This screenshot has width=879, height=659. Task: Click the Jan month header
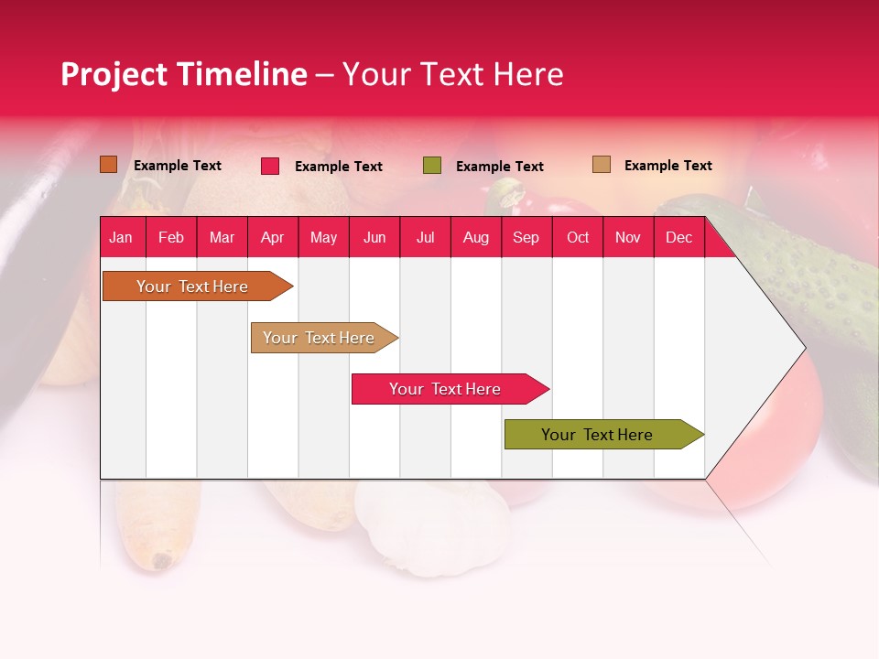pyautogui.click(x=121, y=237)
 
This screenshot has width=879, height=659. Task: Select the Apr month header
pyautogui.click(x=272, y=237)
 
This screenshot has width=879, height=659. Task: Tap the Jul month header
pyautogui.click(x=425, y=237)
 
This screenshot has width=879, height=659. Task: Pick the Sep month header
pyautogui.click(x=526, y=237)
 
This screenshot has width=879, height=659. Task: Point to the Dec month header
pyautogui.click(x=678, y=237)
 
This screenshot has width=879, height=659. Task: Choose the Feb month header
pyautogui.click(x=171, y=237)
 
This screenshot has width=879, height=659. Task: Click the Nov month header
pyautogui.click(x=627, y=237)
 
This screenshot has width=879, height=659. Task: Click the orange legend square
pyautogui.click(x=108, y=165)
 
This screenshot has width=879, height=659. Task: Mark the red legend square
pyautogui.click(x=269, y=166)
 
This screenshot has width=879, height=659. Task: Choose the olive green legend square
pyautogui.click(x=431, y=166)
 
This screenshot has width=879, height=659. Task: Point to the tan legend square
pyautogui.click(x=601, y=165)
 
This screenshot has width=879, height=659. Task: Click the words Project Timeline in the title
pyautogui.click(x=183, y=74)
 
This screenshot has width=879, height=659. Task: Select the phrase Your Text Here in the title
pyautogui.click(x=453, y=74)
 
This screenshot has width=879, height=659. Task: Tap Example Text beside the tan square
pyautogui.click(x=667, y=166)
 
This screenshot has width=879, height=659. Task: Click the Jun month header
pyautogui.click(x=374, y=237)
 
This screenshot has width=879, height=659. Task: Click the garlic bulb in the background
pyautogui.click(x=430, y=526)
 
